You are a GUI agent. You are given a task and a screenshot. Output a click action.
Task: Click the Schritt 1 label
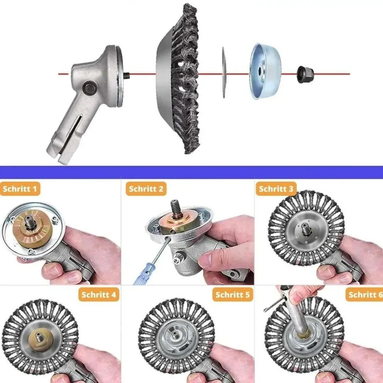point(20,189)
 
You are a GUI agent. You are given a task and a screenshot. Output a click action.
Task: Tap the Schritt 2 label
point(146,189)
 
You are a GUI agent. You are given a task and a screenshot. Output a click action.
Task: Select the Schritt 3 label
point(276,189)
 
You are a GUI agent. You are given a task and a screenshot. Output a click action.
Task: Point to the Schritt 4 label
point(99,294)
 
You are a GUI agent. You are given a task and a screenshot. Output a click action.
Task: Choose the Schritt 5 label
point(233,294)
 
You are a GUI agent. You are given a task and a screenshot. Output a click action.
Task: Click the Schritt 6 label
point(364,294)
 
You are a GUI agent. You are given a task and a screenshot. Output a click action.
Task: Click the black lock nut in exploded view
point(305,74)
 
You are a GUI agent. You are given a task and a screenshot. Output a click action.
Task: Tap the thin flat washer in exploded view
point(224,73)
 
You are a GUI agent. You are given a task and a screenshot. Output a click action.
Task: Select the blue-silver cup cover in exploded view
point(265,71)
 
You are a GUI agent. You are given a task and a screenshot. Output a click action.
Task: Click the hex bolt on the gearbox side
point(90,88)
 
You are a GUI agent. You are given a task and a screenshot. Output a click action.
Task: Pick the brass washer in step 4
point(41,339)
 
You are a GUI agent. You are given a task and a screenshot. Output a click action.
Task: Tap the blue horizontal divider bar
point(191,172)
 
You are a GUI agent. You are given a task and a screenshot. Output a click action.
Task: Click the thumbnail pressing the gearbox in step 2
point(208,259)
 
